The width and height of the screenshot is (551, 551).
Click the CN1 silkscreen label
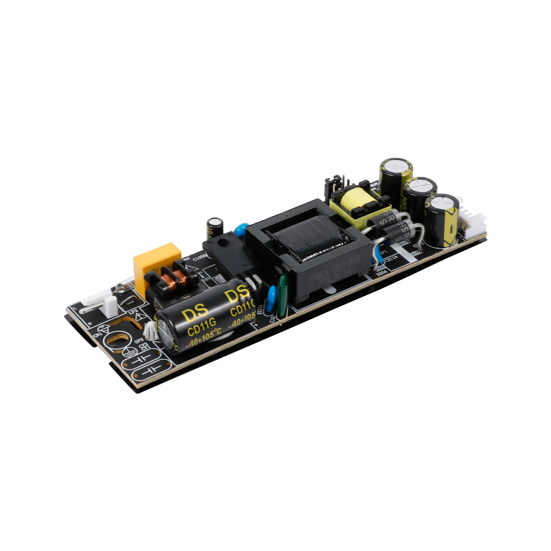click(x=98, y=335)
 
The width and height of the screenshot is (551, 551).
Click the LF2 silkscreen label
click(x=133, y=311)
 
